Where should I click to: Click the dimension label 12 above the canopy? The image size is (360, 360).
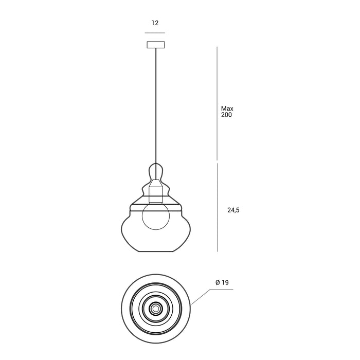(x=155, y=23)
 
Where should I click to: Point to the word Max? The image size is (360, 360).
(x=227, y=109)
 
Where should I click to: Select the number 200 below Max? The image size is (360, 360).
(x=227, y=115)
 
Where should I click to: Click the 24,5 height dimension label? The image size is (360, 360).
(x=233, y=210)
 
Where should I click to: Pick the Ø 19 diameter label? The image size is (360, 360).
(x=222, y=282)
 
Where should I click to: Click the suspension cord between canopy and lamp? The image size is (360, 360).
(x=155, y=103)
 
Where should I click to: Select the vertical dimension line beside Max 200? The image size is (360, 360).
(x=217, y=103)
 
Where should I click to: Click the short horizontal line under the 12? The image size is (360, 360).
(x=155, y=32)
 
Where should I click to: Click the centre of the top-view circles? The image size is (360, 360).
(x=155, y=308)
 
